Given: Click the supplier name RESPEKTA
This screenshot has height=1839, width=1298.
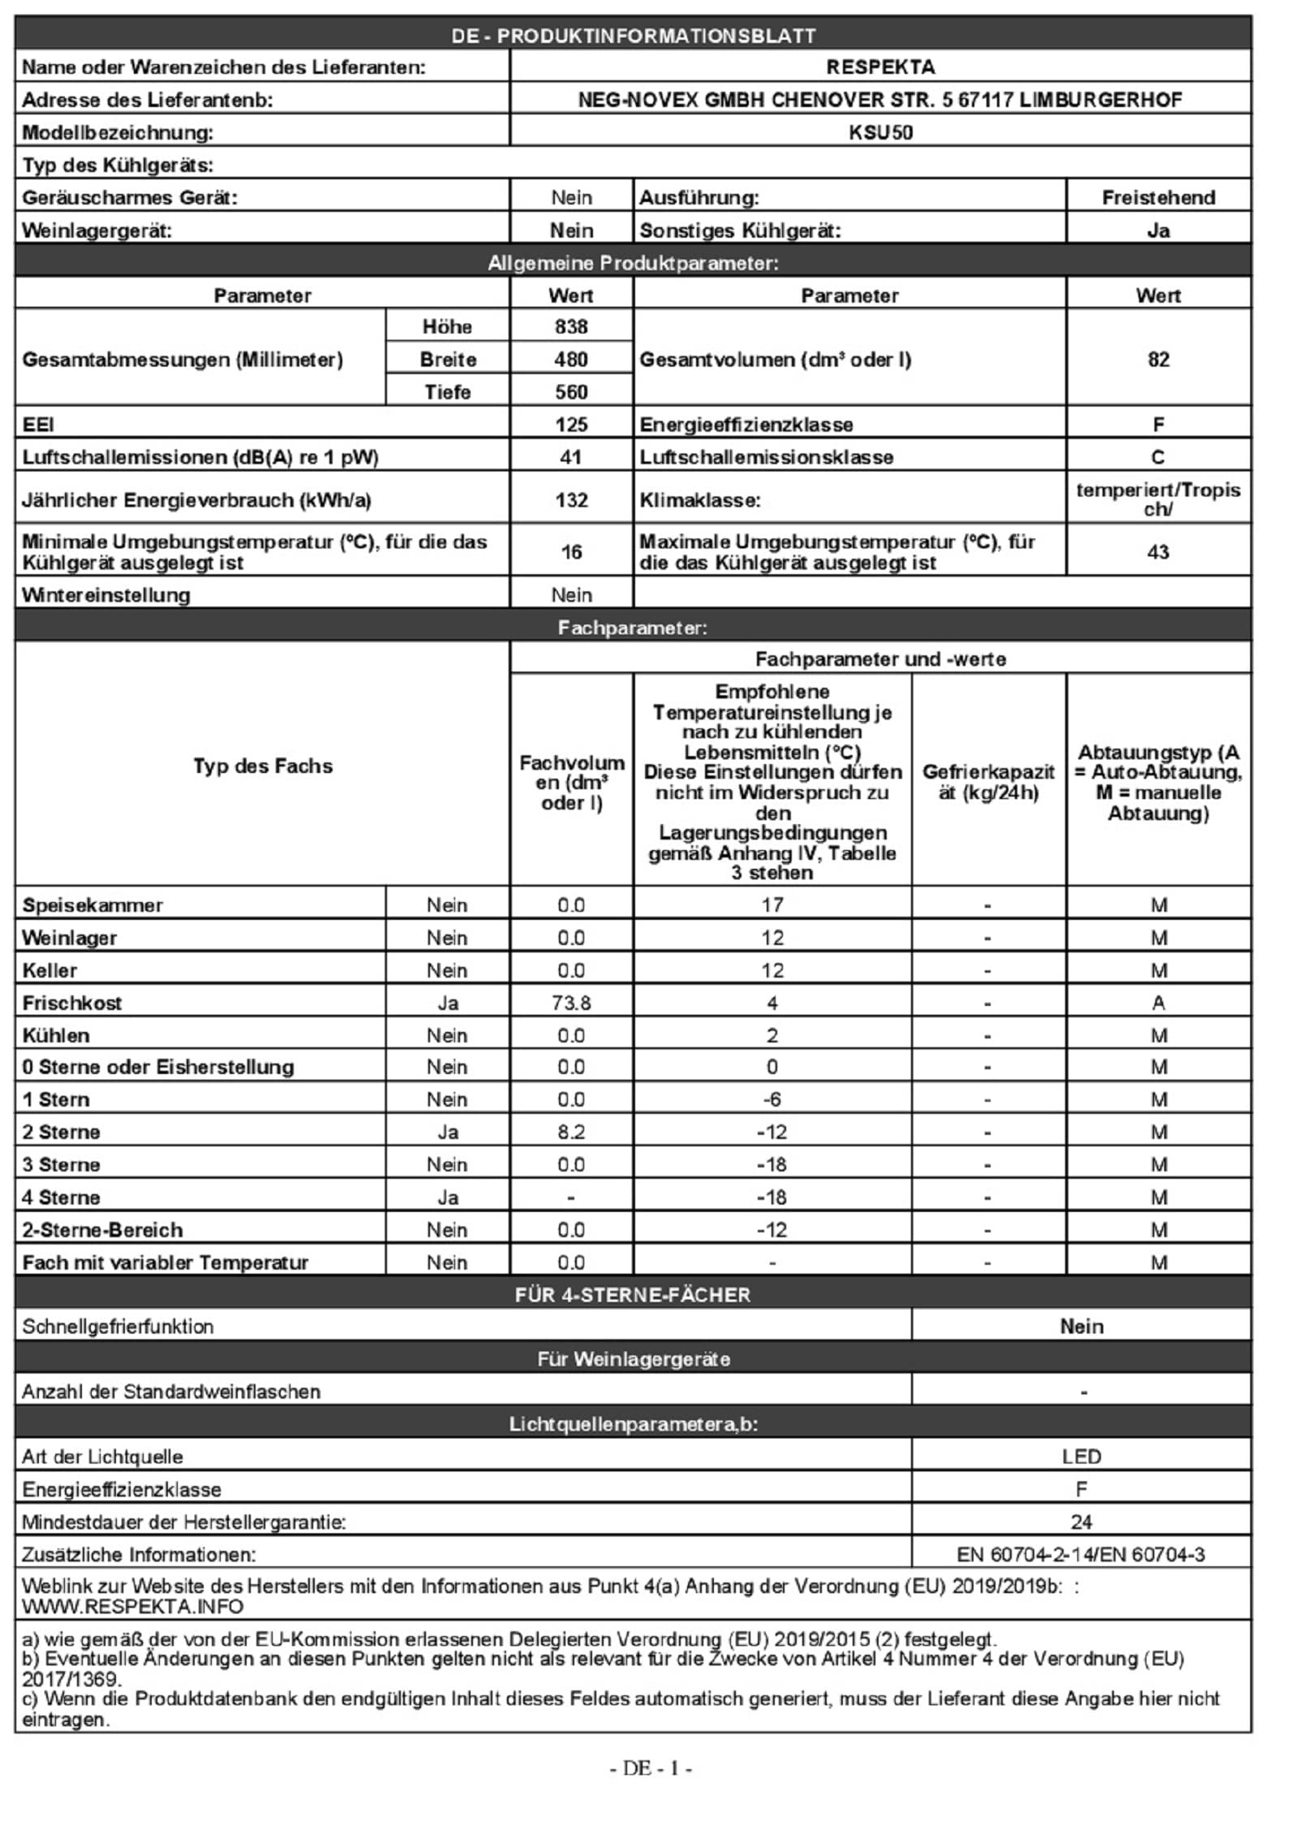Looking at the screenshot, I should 880,67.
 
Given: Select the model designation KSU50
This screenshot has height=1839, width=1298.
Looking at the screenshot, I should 880,132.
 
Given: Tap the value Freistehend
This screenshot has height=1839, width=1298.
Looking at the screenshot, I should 1158,197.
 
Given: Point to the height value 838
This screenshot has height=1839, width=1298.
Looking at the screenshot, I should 571,326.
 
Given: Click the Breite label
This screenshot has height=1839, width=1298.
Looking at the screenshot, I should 448,359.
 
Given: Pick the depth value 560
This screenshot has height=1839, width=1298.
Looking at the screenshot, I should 571,392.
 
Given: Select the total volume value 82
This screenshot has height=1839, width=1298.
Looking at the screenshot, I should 1158,359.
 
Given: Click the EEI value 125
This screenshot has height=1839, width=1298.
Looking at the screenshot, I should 571,424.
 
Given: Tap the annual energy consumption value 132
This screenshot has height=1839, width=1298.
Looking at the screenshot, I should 571,500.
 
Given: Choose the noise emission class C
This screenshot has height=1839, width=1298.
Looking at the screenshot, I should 1158,457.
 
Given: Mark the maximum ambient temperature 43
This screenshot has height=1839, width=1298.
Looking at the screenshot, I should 1158,552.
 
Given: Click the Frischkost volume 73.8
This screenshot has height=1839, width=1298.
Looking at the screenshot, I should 571,1003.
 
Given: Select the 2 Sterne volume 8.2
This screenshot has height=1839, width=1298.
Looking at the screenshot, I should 571,1132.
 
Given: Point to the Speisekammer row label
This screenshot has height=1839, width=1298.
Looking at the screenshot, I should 92,905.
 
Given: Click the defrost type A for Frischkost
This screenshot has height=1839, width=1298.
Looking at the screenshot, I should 1158,1003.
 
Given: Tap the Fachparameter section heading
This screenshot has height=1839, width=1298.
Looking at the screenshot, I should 632,627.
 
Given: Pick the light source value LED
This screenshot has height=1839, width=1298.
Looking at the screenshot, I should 1081,1456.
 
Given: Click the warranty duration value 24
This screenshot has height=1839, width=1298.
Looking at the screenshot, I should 1081,1522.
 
